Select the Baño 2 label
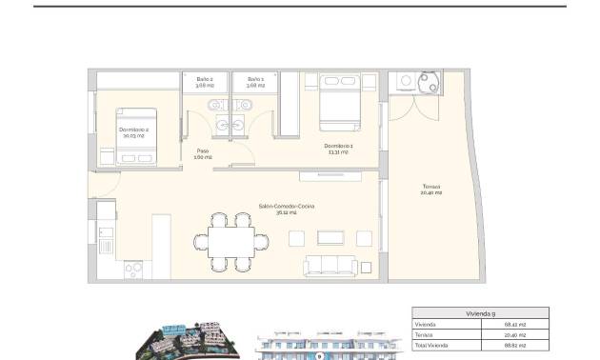pyautogui.click(x=205, y=82)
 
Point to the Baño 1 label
pyautogui.click(x=254, y=82)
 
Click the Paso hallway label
pyautogui.click(x=203, y=153)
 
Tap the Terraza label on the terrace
pyautogui.click(x=431, y=189)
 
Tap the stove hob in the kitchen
pyautogui.click(x=133, y=270)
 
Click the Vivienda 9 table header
pyautogui.click(x=480, y=312)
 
